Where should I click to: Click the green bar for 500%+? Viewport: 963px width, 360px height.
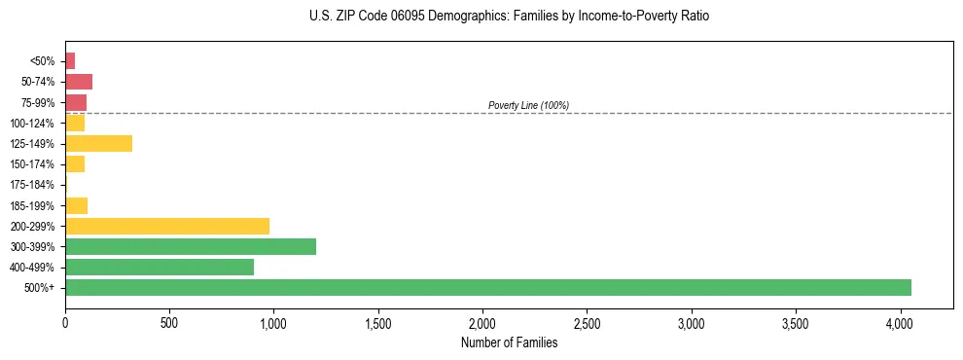tap(487, 287)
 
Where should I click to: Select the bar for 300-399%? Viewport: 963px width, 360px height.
tap(191, 246)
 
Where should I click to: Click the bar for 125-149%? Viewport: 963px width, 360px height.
tap(98, 144)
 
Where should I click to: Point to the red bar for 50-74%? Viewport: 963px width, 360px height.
tap(79, 82)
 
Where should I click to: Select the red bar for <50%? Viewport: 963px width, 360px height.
tap(70, 61)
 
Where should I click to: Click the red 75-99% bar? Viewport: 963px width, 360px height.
tap(76, 102)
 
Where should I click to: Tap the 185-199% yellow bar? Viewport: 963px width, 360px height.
tap(76, 205)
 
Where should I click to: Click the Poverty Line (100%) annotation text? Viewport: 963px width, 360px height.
tap(528, 105)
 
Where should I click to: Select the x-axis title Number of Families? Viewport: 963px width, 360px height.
tap(510, 342)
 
